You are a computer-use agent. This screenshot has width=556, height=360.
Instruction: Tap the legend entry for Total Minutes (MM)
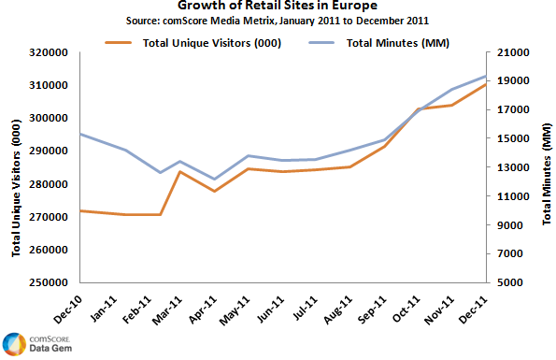[371, 42]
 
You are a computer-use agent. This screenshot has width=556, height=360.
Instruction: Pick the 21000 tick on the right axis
[514, 52]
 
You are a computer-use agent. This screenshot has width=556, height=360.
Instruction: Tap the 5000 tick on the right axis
[511, 282]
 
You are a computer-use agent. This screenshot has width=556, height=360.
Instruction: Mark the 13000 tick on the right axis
[514, 167]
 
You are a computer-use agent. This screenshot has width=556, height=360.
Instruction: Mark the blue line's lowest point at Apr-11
[215, 179]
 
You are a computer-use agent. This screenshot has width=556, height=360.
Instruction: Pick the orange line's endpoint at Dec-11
[486, 84]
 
